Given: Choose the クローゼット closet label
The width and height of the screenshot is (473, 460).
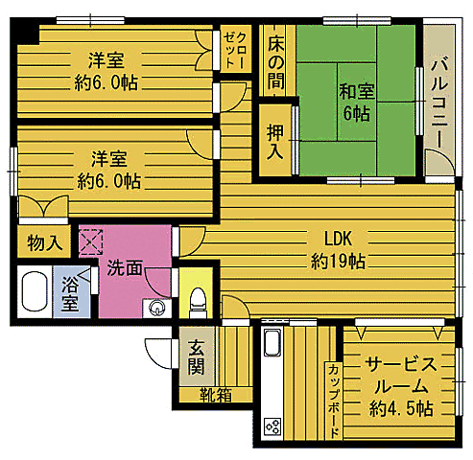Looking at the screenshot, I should tap(233, 46).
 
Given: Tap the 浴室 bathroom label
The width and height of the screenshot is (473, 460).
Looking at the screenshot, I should tap(70, 294).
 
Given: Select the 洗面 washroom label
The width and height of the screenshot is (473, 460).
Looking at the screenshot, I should tap(124, 267).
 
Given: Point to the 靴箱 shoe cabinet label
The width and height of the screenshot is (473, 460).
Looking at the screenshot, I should tap(215, 394).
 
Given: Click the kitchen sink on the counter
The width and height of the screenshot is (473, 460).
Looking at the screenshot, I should tap(271, 343).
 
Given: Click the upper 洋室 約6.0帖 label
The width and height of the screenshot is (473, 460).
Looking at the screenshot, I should tap(106, 70).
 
